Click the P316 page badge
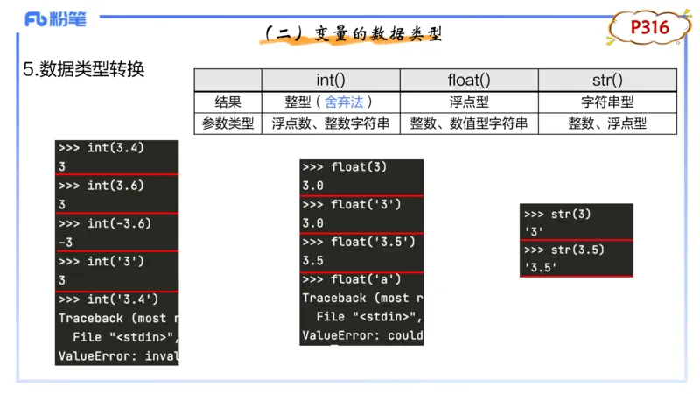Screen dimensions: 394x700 point(650,28)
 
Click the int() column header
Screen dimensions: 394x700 point(332,80)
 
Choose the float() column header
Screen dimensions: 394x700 point(469,80)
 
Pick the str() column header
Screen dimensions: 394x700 point(607,80)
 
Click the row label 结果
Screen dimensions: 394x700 point(227,102)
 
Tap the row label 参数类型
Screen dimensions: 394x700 point(227,123)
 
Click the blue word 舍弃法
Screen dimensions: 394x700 point(343,102)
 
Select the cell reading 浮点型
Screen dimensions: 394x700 point(469,102)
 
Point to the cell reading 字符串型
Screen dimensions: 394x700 point(607,102)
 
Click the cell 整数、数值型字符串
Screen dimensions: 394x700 point(469,123)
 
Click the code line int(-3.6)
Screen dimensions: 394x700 point(117,223)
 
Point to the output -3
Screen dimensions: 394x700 point(66,242)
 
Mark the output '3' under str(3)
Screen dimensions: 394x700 point(533,232)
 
